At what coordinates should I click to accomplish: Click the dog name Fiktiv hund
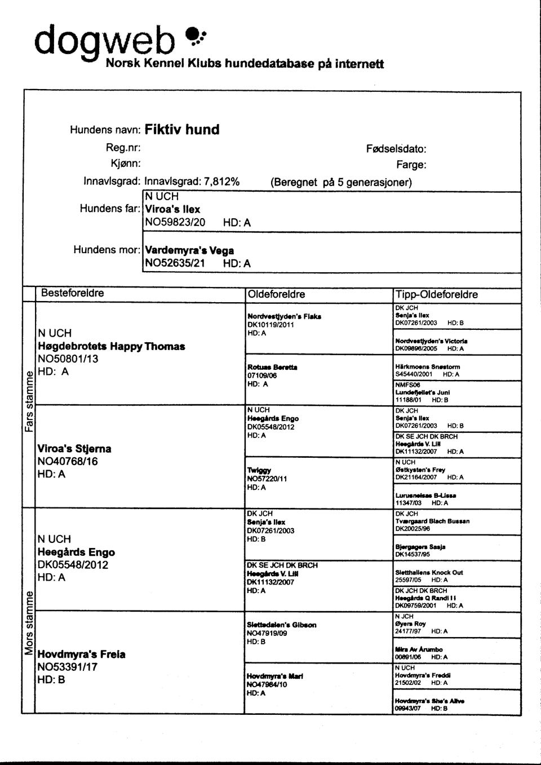(181, 130)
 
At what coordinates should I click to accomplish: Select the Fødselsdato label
(396, 149)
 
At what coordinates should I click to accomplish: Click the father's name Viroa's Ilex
(172, 209)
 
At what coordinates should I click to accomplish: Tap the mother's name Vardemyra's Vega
(189, 250)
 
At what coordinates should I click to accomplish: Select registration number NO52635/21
(175, 263)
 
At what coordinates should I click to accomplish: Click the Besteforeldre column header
(72, 293)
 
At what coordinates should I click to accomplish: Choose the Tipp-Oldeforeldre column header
(437, 294)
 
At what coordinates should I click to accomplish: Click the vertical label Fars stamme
(28, 404)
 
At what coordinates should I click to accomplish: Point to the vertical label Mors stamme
(28, 623)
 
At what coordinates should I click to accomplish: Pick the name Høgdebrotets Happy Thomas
(112, 346)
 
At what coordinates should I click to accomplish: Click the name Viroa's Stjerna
(74, 449)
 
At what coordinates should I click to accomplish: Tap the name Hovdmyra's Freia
(81, 655)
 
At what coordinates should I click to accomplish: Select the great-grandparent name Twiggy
(259, 470)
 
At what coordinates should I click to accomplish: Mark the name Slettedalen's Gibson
(281, 625)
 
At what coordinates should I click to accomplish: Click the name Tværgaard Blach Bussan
(432, 521)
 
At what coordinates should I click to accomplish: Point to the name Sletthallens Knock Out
(429, 572)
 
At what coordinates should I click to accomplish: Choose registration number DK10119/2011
(270, 325)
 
